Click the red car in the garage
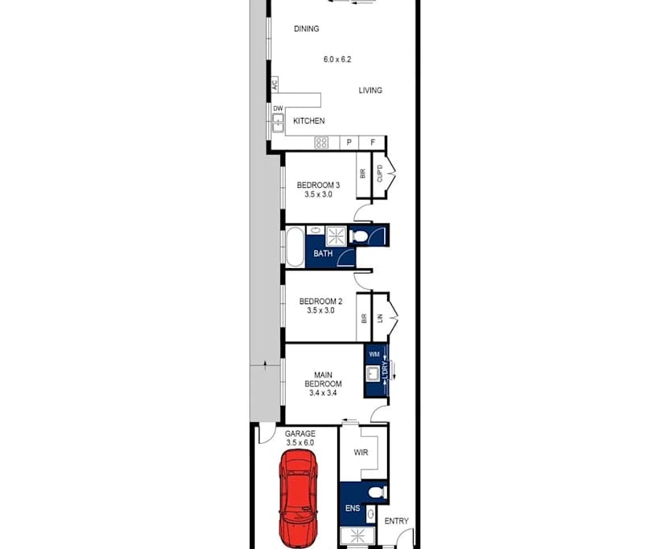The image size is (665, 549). point(299,498)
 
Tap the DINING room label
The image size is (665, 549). point(307,29)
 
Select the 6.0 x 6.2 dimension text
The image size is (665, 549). point(337,59)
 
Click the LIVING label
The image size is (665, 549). point(370,91)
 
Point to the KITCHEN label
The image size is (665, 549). point(309,121)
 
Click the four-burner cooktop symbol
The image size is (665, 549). point(321,142)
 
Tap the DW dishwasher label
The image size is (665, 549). point(278,108)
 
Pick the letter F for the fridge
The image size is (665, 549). point(373,142)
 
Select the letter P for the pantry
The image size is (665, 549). point(349,142)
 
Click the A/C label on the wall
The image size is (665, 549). point(275,84)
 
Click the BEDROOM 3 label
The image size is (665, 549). point(318,185)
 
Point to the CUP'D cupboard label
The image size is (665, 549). point(380,173)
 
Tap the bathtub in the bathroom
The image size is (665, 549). point(296,247)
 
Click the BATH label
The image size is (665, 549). point(323,254)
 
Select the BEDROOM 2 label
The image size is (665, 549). point(320,302)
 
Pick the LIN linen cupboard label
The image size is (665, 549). point(380,318)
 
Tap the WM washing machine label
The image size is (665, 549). point(374,354)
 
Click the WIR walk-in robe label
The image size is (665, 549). point(361,453)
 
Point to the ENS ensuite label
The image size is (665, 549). point(353,508)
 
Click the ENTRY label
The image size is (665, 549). point(397,521)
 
